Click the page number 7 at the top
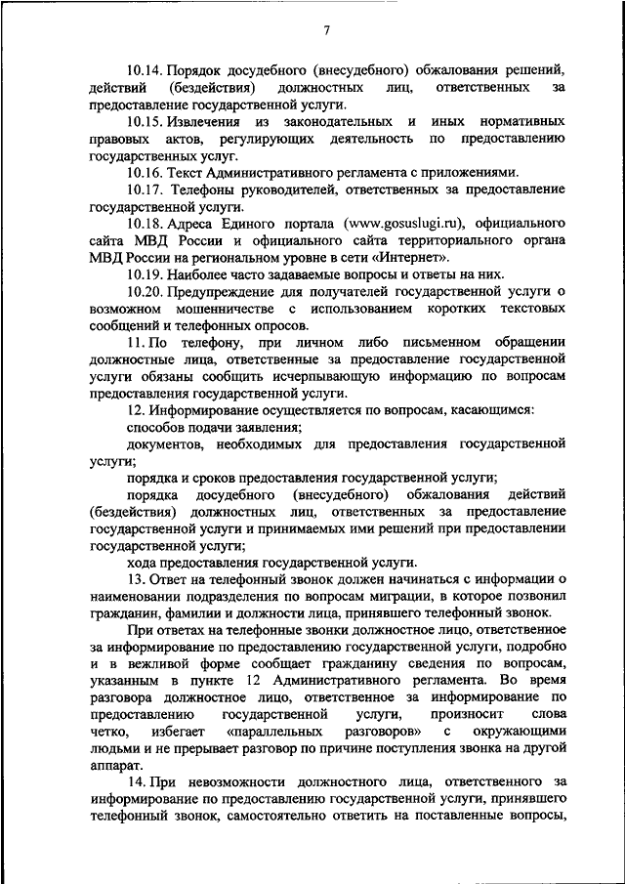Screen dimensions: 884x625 click(x=325, y=32)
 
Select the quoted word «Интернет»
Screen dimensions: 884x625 click(x=415, y=258)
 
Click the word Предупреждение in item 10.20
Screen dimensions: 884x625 click(x=216, y=291)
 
